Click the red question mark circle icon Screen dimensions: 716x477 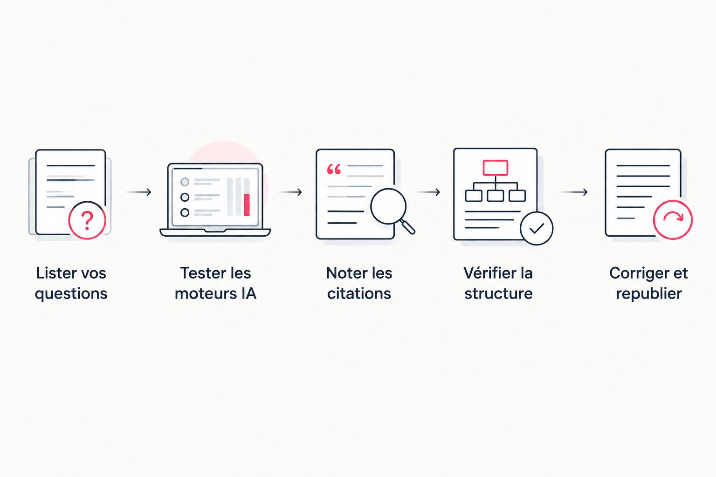click(87, 220)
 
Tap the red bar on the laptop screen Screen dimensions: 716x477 click(247, 205)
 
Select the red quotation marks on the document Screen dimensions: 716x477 click(334, 170)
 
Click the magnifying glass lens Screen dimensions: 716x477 click(388, 206)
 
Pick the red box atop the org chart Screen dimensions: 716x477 click(496, 168)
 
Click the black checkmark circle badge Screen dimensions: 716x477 click(537, 228)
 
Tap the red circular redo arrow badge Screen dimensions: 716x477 click(673, 220)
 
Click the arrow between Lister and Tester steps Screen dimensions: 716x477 click(139, 192)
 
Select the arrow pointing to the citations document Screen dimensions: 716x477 click(290, 192)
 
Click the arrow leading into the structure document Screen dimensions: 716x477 click(428, 192)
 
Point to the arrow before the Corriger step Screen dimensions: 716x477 click(574, 192)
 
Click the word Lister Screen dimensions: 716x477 click(53, 273)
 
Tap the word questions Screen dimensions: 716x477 click(71, 294)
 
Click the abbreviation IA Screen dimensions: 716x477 click(248, 293)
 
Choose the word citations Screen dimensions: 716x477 click(359, 293)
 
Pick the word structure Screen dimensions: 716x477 click(498, 293)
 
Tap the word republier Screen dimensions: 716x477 click(649, 294)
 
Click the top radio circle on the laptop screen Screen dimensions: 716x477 click(185, 182)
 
